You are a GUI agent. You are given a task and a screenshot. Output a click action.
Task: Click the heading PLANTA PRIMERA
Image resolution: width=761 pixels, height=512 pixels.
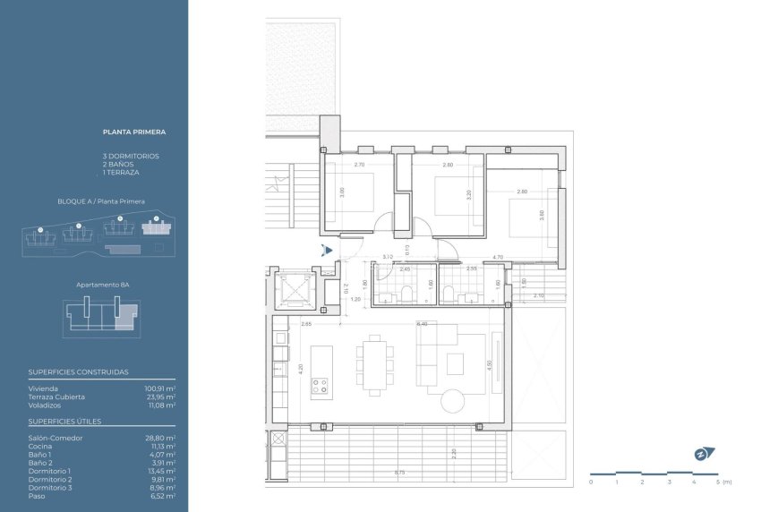click(x=134, y=132)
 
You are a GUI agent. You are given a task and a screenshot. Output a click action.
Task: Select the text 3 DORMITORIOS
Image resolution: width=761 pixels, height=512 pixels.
click(x=131, y=156)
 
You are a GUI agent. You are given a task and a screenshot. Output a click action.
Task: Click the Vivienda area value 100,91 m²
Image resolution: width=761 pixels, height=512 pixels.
click(x=160, y=388)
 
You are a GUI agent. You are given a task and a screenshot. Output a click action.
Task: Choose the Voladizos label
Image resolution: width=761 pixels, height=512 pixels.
click(x=44, y=405)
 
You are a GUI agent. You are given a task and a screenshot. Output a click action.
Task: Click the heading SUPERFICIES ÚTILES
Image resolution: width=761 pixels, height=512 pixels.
click(x=64, y=421)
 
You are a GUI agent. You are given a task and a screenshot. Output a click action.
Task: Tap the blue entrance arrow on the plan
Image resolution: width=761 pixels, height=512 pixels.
click(x=329, y=251)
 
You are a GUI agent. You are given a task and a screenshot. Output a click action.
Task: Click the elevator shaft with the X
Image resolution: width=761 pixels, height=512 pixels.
click(x=295, y=288)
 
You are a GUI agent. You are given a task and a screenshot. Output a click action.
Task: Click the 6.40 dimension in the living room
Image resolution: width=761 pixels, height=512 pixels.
click(x=423, y=324)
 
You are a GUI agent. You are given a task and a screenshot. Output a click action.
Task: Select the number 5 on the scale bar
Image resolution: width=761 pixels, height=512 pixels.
click(x=718, y=482)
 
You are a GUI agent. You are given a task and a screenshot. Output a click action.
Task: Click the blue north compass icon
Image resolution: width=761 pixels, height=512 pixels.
click(x=700, y=454)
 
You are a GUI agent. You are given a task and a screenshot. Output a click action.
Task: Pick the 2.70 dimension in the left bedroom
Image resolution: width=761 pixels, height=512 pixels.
click(x=359, y=166)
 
